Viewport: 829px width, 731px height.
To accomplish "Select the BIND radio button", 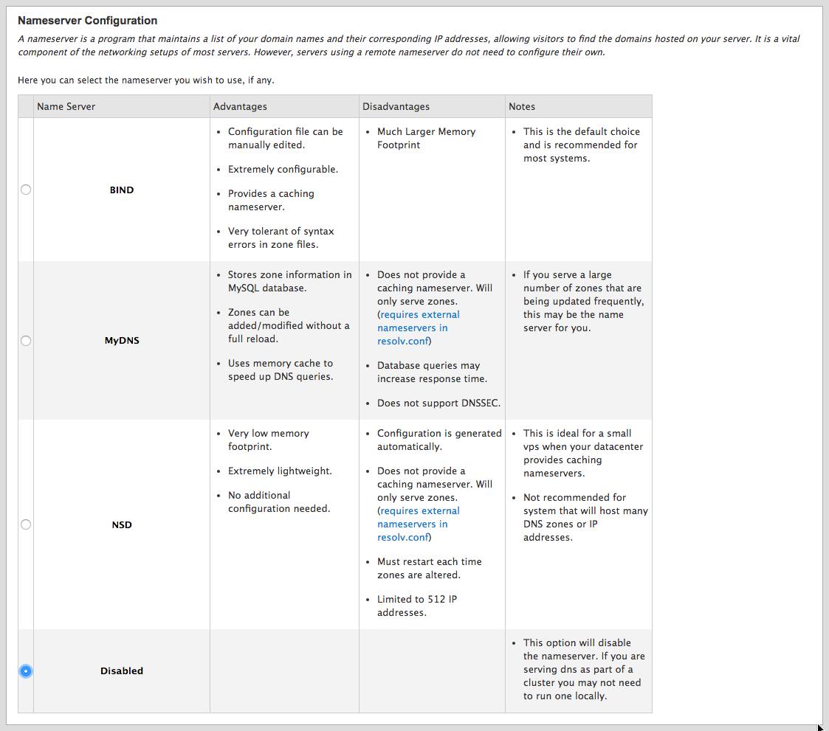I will click(x=26, y=190).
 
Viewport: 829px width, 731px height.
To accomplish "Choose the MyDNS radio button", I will click(x=26, y=341).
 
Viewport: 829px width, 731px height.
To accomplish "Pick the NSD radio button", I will click(x=26, y=524).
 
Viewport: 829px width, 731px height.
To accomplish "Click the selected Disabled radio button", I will click(x=26, y=671).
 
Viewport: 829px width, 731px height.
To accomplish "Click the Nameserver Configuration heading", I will click(x=87, y=21).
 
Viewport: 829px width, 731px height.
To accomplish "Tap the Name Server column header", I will click(x=66, y=106).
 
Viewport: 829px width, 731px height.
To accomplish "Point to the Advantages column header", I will click(x=240, y=106).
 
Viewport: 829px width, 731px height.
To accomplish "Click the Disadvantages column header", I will click(x=396, y=106).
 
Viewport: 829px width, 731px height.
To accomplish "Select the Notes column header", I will click(x=521, y=106).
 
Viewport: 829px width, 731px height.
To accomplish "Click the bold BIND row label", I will click(x=122, y=190).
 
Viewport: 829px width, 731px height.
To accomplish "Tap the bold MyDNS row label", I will click(x=122, y=341).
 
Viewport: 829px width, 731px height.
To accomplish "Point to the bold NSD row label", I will click(x=122, y=525).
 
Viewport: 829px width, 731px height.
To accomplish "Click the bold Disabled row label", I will click(x=122, y=671).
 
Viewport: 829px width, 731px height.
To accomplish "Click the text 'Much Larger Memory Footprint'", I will click(x=426, y=138).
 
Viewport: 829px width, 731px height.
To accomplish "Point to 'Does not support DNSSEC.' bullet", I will click(x=438, y=403).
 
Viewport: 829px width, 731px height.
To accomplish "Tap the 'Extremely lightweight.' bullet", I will click(x=280, y=471).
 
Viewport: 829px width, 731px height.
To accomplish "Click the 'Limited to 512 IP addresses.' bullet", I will click(x=418, y=606).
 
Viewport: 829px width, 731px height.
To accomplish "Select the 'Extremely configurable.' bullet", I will click(x=283, y=169).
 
